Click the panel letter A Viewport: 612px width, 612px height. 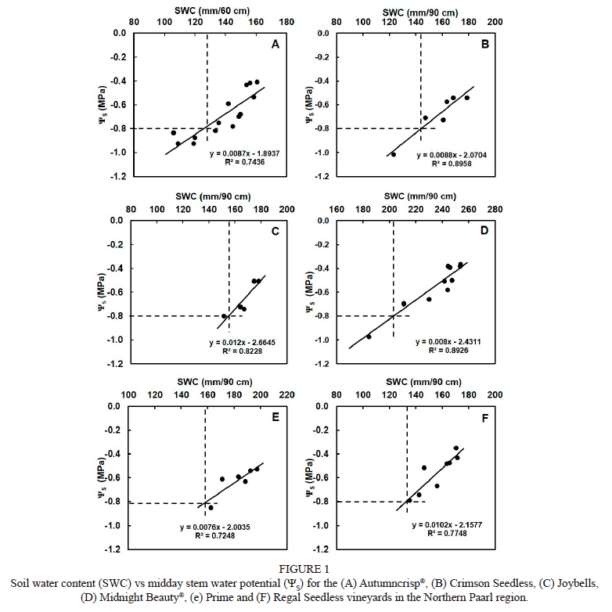(x=275, y=45)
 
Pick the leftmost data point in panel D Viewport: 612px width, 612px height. (x=369, y=337)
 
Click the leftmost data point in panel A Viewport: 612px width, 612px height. (x=174, y=133)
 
